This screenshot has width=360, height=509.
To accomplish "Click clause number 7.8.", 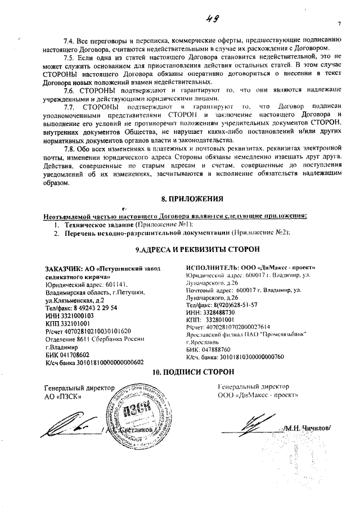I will point(71,148).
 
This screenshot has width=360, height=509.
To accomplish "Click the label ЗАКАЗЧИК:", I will point(64,269).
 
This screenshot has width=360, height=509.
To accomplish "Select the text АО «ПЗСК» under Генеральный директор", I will point(63,397).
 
